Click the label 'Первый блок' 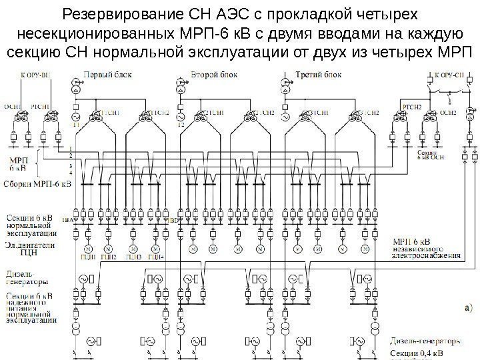coord(102,76)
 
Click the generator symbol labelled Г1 coord(77,117)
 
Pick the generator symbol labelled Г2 coord(180,117)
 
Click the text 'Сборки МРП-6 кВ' coord(37,184)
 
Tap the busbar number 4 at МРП coord(71,172)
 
